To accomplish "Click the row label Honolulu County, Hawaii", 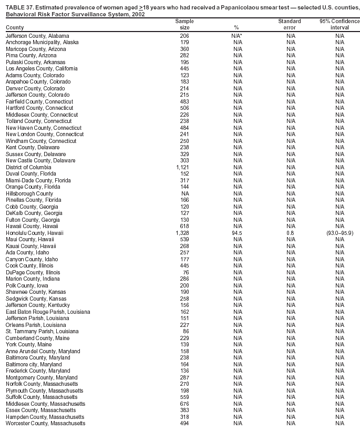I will coord(35,233).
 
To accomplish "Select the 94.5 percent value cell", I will coord(237,233).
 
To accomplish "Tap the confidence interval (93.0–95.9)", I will coord(340,233).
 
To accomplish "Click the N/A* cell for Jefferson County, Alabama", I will coord(237,36).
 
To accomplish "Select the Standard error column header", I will coord(290,24).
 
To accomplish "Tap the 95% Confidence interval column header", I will coord(340,24).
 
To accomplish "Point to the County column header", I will coord(15,27).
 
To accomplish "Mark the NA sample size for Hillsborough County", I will coord(185,193).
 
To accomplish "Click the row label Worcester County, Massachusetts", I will coord(45,424).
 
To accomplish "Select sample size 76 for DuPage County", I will coord(185,272).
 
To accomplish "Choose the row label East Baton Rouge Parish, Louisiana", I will coord(48,312).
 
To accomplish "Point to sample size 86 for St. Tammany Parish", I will coord(185,332).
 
